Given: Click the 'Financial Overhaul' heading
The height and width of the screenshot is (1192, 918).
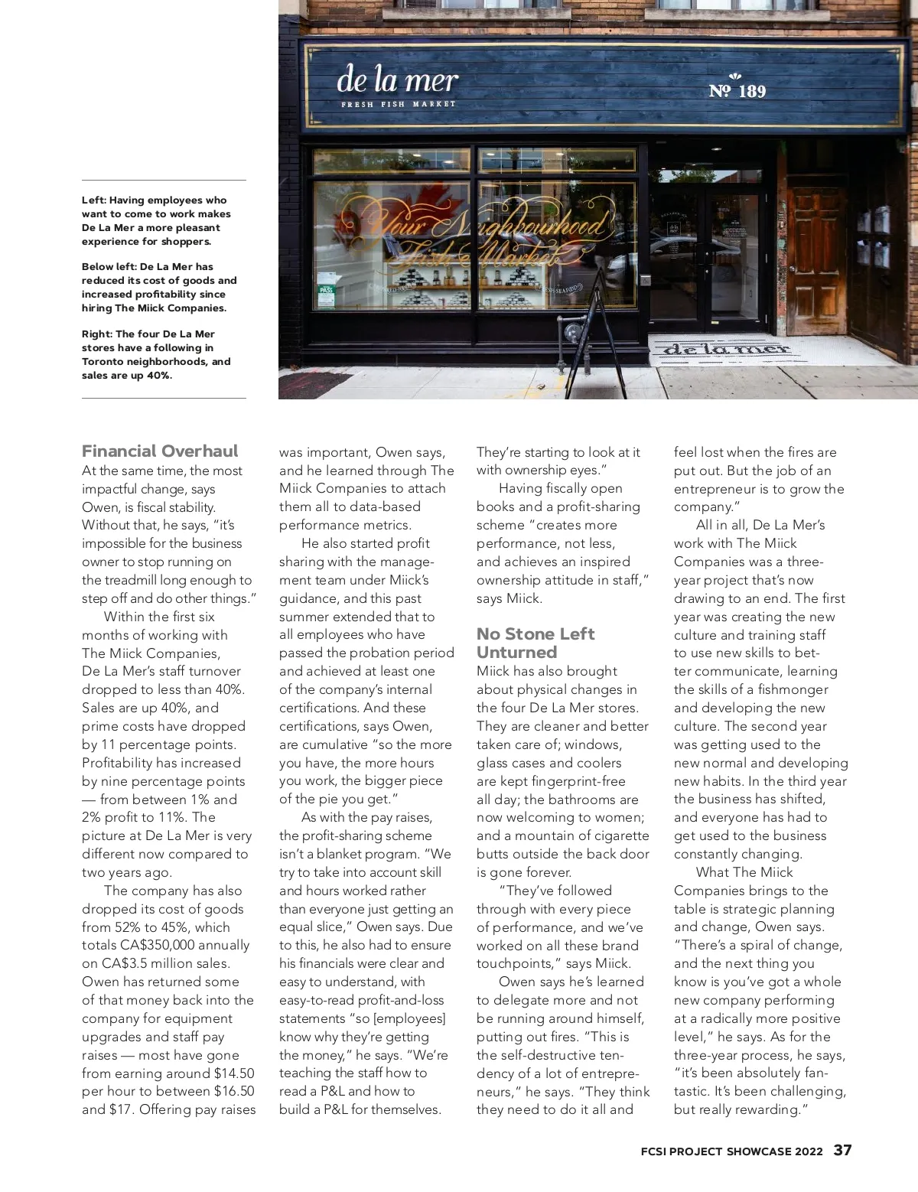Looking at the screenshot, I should (x=160, y=451).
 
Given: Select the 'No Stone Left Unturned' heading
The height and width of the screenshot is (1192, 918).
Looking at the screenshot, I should (x=535, y=643).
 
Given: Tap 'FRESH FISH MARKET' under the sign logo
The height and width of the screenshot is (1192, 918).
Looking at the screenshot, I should (x=398, y=104).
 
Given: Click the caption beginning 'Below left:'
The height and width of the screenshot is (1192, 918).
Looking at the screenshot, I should (x=159, y=288).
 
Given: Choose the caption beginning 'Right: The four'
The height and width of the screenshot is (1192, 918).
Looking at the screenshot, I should (x=156, y=354).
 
